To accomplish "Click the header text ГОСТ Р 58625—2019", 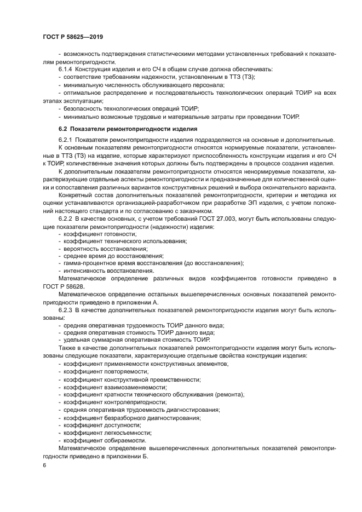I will coord(72,37).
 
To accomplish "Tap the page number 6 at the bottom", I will coord(44,465).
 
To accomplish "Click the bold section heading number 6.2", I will coord(63,129).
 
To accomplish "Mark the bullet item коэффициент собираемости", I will coord(104,440).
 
